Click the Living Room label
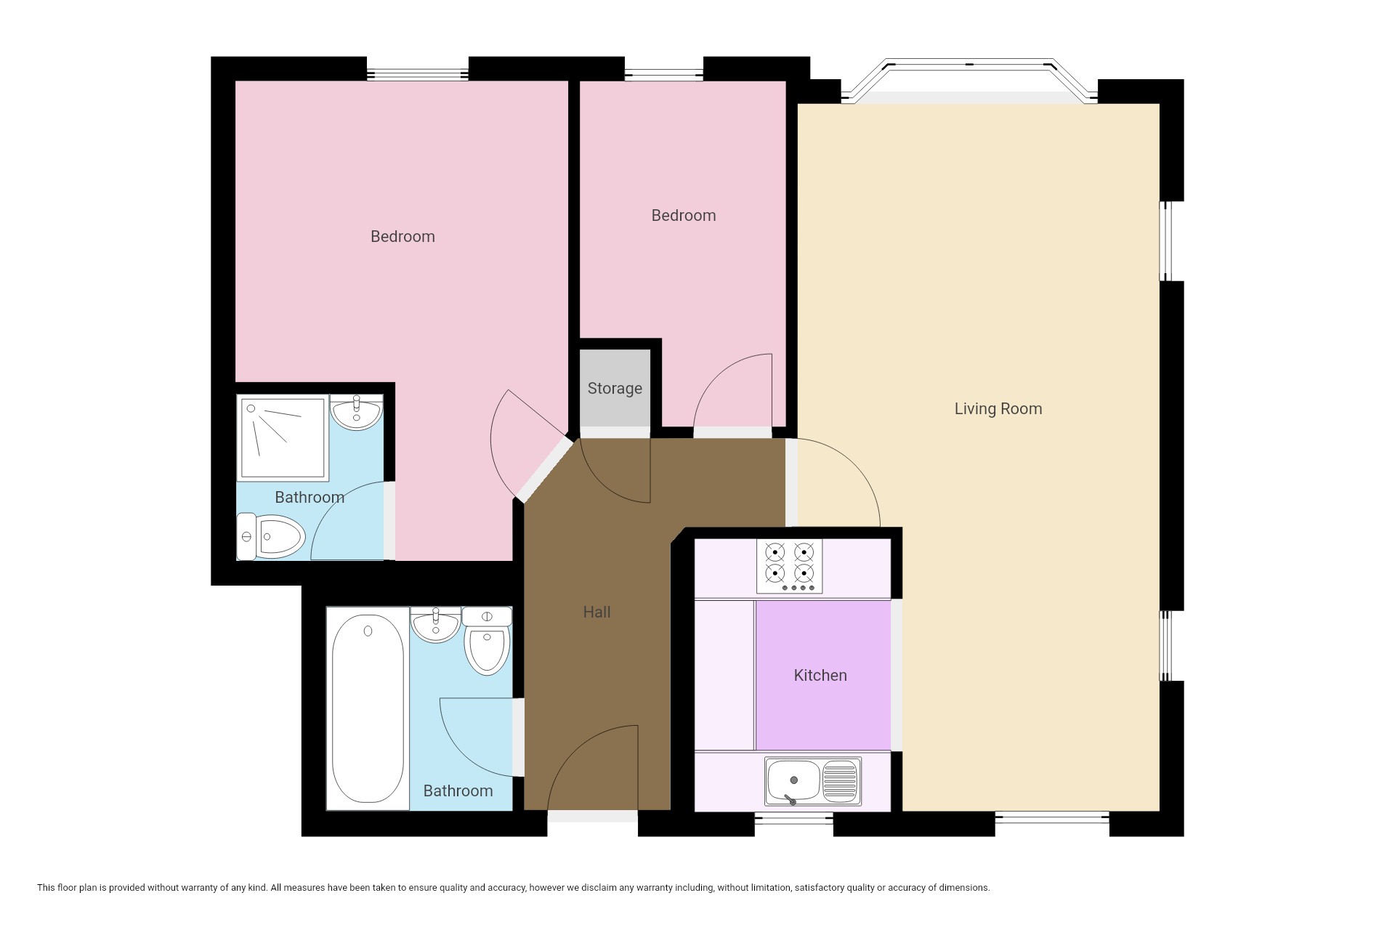click(x=998, y=408)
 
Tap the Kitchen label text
click(x=820, y=675)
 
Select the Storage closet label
click(x=615, y=389)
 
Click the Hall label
click(x=597, y=612)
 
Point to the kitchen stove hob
click(x=790, y=566)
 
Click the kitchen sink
click(x=812, y=782)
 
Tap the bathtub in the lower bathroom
click(x=368, y=708)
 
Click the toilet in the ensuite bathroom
click(x=271, y=537)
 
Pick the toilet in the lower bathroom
click(x=487, y=640)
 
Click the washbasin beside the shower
click(x=356, y=412)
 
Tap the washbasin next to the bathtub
click(x=435, y=625)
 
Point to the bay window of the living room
click(x=969, y=81)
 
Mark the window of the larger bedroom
click(x=417, y=74)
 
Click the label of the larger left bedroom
click(x=403, y=236)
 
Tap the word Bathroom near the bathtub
click(x=458, y=790)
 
